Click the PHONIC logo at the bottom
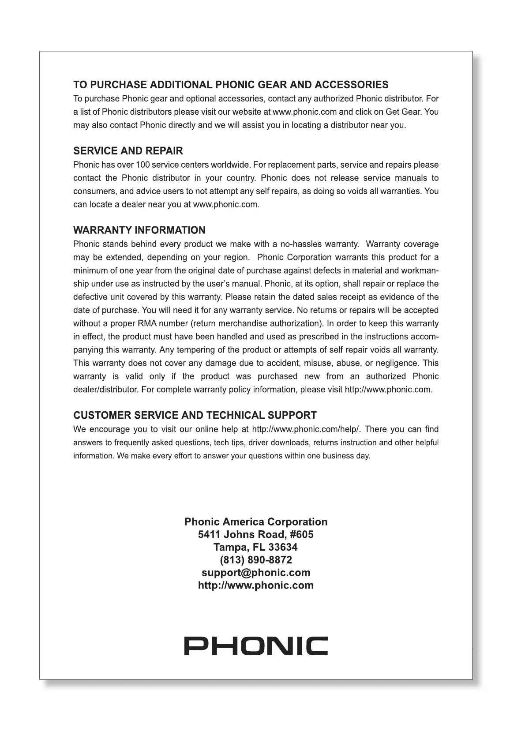point(256,646)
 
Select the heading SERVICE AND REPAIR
point(128,151)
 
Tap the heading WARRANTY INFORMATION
point(139,230)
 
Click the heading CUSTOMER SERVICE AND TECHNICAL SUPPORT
point(195,416)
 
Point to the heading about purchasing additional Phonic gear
point(231,85)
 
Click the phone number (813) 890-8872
point(256,560)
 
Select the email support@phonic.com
point(256,573)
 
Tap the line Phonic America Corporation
point(256,522)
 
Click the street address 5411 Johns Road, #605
point(256,535)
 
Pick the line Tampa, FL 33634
point(256,548)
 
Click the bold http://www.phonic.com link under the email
point(256,585)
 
